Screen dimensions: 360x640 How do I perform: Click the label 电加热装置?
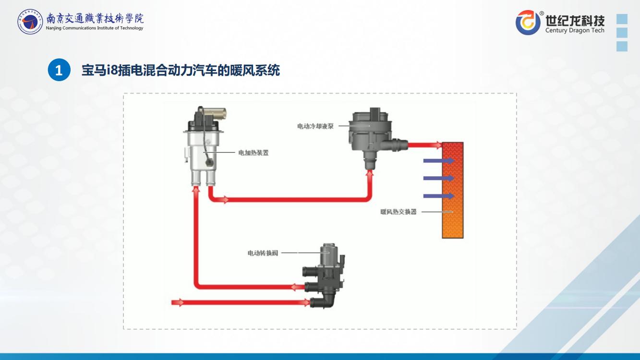tap(254, 153)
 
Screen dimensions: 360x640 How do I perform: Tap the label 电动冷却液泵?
tap(315, 126)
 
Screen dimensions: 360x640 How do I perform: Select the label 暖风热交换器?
tap(398, 212)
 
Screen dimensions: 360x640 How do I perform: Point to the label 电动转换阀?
tap(263, 253)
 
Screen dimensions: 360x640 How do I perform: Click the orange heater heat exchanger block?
tap(453, 190)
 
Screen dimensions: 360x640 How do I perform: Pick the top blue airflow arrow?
tap(439, 161)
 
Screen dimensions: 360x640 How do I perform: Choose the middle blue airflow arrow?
tap(439, 178)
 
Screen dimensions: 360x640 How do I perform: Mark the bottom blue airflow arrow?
tap(439, 196)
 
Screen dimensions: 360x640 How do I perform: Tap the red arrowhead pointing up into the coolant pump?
tap(369, 173)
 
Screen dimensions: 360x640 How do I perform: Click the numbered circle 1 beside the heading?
tap(59, 71)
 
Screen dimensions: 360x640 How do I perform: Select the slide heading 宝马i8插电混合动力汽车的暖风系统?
tap(181, 71)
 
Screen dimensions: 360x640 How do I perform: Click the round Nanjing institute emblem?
tap(30, 22)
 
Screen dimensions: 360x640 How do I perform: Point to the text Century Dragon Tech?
tap(575, 31)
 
